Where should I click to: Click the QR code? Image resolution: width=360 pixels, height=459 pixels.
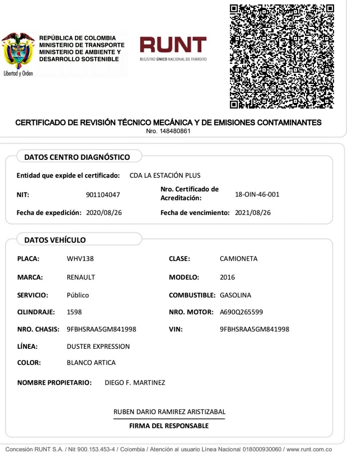(x=282, y=56)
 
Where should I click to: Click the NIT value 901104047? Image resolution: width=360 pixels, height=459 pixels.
(x=103, y=195)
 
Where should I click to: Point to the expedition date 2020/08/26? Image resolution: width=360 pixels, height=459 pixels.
(x=104, y=213)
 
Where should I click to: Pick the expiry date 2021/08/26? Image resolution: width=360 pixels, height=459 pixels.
(x=253, y=213)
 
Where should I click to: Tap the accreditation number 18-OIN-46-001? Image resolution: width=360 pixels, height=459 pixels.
(x=257, y=194)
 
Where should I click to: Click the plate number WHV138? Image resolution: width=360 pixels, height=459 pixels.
(x=80, y=259)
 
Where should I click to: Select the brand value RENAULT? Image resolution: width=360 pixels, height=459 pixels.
(x=81, y=277)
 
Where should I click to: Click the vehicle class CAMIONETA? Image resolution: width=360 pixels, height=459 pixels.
(x=239, y=259)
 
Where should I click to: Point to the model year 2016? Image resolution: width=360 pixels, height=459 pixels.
(x=227, y=277)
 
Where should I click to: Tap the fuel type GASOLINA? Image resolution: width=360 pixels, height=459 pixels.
(x=235, y=295)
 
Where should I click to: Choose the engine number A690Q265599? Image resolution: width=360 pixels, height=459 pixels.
(x=241, y=312)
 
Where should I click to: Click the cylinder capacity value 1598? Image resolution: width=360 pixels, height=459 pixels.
(x=74, y=312)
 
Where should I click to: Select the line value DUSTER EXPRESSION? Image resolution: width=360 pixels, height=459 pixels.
(x=98, y=347)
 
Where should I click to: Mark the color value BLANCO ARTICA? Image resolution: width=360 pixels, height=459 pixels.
(x=91, y=362)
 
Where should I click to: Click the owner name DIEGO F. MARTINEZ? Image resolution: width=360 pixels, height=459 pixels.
(x=135, y=382)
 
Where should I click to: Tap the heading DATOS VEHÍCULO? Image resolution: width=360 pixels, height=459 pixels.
(x=55, y=240)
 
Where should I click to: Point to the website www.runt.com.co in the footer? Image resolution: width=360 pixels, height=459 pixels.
(x=309, y=449)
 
